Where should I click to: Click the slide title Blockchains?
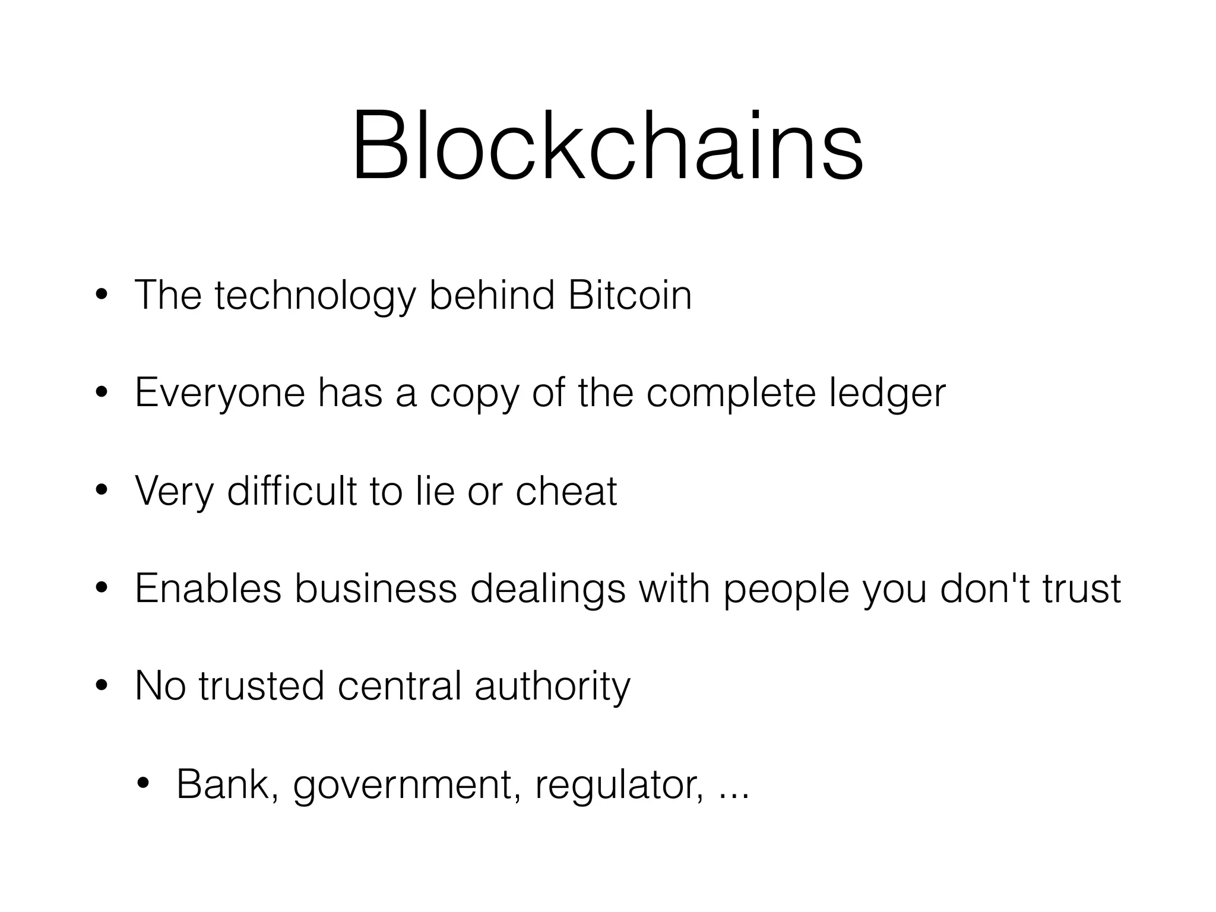click(x=607, y=145)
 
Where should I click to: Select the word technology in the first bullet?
click(x=315, y=296)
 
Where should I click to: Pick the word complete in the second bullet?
click(x=731, y=394)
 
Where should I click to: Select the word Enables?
click(x=208, y=588)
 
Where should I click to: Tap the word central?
click(x=399, y=686)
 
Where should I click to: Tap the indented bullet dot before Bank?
click(x=143, y=784)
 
